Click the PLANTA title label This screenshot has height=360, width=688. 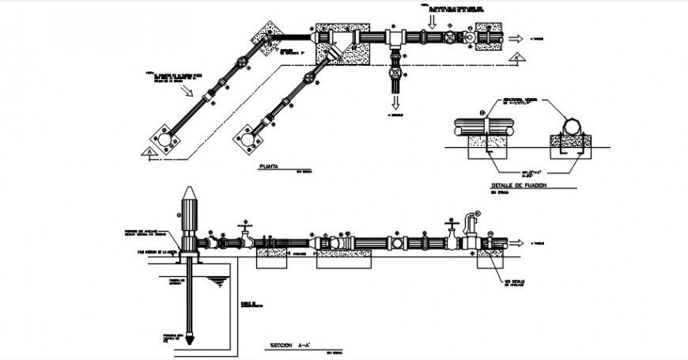point(270,168)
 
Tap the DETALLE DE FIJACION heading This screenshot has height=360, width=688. point(518,185)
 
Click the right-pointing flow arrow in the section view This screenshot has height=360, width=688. point(516,243)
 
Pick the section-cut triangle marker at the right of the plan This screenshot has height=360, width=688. point(515,58)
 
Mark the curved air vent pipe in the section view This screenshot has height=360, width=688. point(474,218)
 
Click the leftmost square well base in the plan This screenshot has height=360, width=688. point(165,139)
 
